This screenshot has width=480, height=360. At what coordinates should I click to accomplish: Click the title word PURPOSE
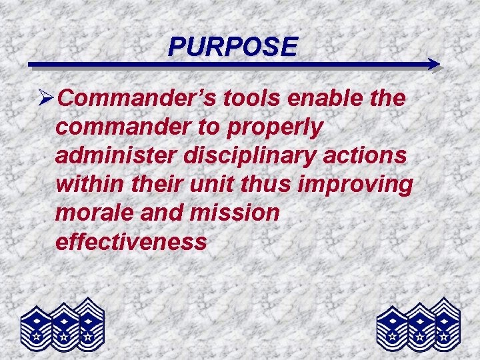click(233, 46)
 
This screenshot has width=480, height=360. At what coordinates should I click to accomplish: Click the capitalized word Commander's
click(139, 99)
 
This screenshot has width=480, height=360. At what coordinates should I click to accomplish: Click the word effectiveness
click(131, 241)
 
